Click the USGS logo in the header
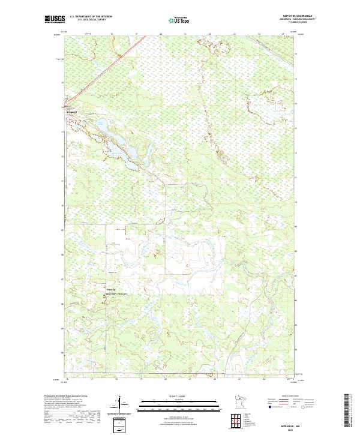coord(55,20)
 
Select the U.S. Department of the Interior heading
coord(91,17)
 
